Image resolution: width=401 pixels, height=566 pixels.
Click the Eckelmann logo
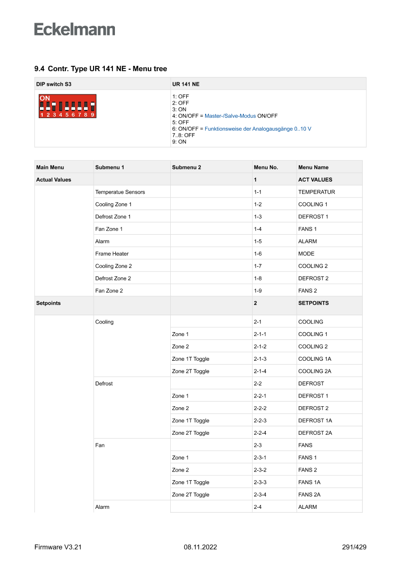(75, 29)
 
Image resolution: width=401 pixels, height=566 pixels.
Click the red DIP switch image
(67, 106)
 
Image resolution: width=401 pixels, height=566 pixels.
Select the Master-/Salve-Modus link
(230, 116)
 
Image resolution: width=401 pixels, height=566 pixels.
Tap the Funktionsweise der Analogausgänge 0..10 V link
(258, 129)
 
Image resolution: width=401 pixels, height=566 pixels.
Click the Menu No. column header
(266, 168)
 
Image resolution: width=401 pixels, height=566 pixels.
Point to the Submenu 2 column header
(186, 168)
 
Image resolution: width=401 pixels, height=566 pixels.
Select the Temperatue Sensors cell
(120, 192)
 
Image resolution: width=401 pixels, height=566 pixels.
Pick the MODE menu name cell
(306, 254)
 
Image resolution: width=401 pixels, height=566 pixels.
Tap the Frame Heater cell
(112, 254)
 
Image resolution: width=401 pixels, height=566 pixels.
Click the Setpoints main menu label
(48, 303)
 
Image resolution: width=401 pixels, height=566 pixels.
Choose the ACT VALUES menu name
(315, 180)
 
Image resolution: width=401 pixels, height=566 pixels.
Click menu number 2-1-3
(260, 359)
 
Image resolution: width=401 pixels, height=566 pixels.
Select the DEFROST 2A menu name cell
(315, 433)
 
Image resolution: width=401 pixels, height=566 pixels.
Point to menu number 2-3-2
(260, 470)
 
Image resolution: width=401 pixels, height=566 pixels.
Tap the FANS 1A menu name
(309, 482)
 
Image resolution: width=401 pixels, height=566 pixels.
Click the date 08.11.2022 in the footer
(200, 547)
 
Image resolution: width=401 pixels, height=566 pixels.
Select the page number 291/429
(354, 547)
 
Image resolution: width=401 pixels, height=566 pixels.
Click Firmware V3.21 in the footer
(58, 547)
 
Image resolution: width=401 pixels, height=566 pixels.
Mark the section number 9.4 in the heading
(39, 69)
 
